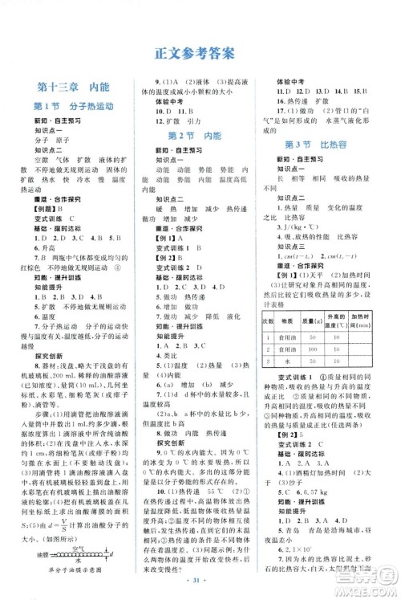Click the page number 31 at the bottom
click(200, 580)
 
